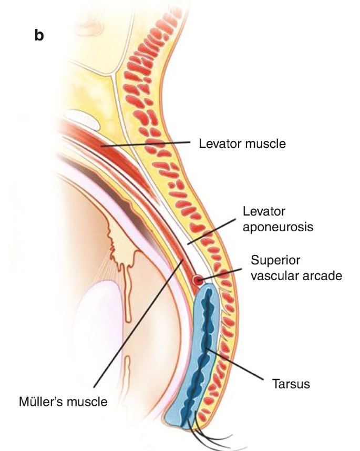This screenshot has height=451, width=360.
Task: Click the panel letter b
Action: point(39,37)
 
